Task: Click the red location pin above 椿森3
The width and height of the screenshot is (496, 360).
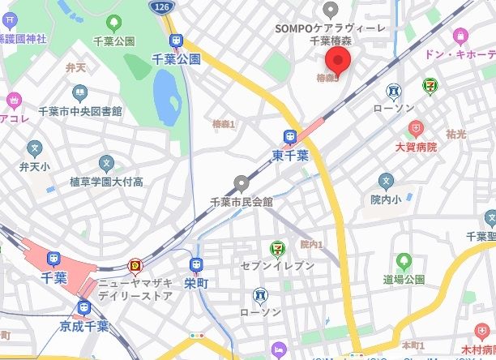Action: coord(337,60)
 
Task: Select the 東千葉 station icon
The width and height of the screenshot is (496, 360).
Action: coord(290,137)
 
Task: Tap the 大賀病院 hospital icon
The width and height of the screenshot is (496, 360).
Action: coord(416,128)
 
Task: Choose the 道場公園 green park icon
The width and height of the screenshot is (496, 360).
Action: coord(404,261)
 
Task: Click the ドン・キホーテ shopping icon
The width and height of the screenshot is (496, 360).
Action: coord(460,36)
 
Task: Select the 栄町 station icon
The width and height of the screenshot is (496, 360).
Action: coord(195,265)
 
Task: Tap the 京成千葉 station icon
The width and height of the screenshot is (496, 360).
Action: coord(84,307)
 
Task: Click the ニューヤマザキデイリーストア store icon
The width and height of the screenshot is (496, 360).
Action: coord(135,265)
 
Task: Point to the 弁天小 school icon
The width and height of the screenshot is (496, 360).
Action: coord(34,148)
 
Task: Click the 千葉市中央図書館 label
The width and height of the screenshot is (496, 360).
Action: coord(80,111)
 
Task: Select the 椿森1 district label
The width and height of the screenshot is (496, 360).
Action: coord(223,123)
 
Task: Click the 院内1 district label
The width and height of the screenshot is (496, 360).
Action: coord(311,244)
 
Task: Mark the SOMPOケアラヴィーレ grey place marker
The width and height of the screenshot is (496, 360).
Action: coord(330,9)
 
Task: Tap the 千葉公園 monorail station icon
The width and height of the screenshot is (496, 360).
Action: coord(175,41)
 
